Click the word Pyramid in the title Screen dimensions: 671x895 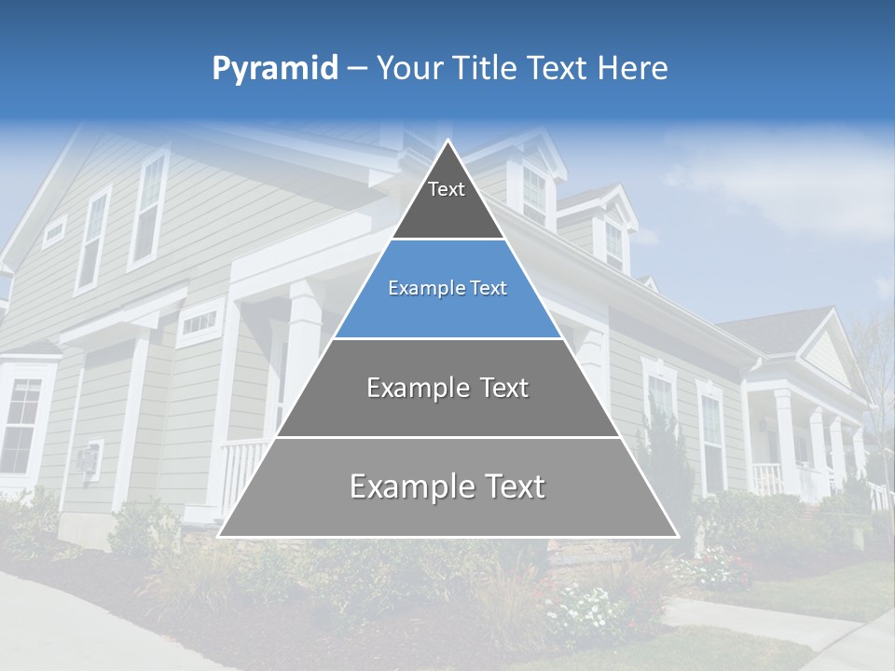tap(274, 69)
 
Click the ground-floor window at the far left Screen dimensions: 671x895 tap(21, 425)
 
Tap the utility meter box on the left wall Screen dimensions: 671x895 tap(87, 459)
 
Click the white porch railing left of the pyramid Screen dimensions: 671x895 tap(241, 471)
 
